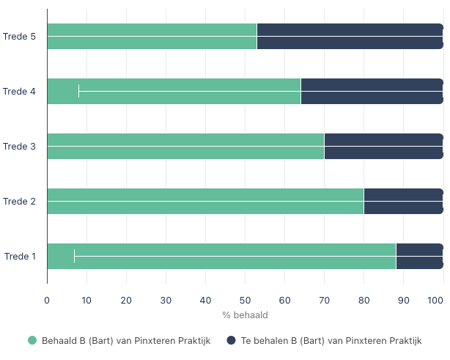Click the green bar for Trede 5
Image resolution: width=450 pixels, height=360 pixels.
pos(152,36)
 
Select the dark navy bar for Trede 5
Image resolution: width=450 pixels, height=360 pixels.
pos(350,36)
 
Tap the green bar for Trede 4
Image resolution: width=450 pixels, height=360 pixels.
pos(174,91)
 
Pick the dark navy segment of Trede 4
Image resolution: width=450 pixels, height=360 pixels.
pos(372,91)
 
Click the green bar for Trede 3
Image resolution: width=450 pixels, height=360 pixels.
pos(185,146)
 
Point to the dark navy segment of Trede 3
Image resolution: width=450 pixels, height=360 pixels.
pos(383,146)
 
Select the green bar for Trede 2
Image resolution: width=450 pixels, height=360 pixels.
pos(205,201)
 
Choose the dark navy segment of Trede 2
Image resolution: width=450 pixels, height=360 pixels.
pos(403,201)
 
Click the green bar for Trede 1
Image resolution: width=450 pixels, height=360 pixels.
pos(221,256)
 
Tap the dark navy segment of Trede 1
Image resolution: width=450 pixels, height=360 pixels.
pos(419,256)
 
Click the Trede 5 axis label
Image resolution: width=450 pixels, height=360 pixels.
pos(20,36)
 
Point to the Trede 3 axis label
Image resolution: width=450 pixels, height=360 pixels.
pos(20,146)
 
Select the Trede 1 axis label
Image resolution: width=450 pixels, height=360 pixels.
pos(20,256)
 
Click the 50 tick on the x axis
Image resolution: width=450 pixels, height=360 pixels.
pos(245,300)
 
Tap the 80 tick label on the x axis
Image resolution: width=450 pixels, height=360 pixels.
pos(364,300)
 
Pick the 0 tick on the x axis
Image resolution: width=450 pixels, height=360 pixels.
pos(47,300)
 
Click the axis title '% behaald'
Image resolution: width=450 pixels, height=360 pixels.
pos(245,315)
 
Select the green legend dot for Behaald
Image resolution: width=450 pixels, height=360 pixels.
pos(32,340)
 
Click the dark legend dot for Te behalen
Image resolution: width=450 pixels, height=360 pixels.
pos(230,340)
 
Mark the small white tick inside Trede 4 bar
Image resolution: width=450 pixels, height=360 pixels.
pos(79,91)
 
